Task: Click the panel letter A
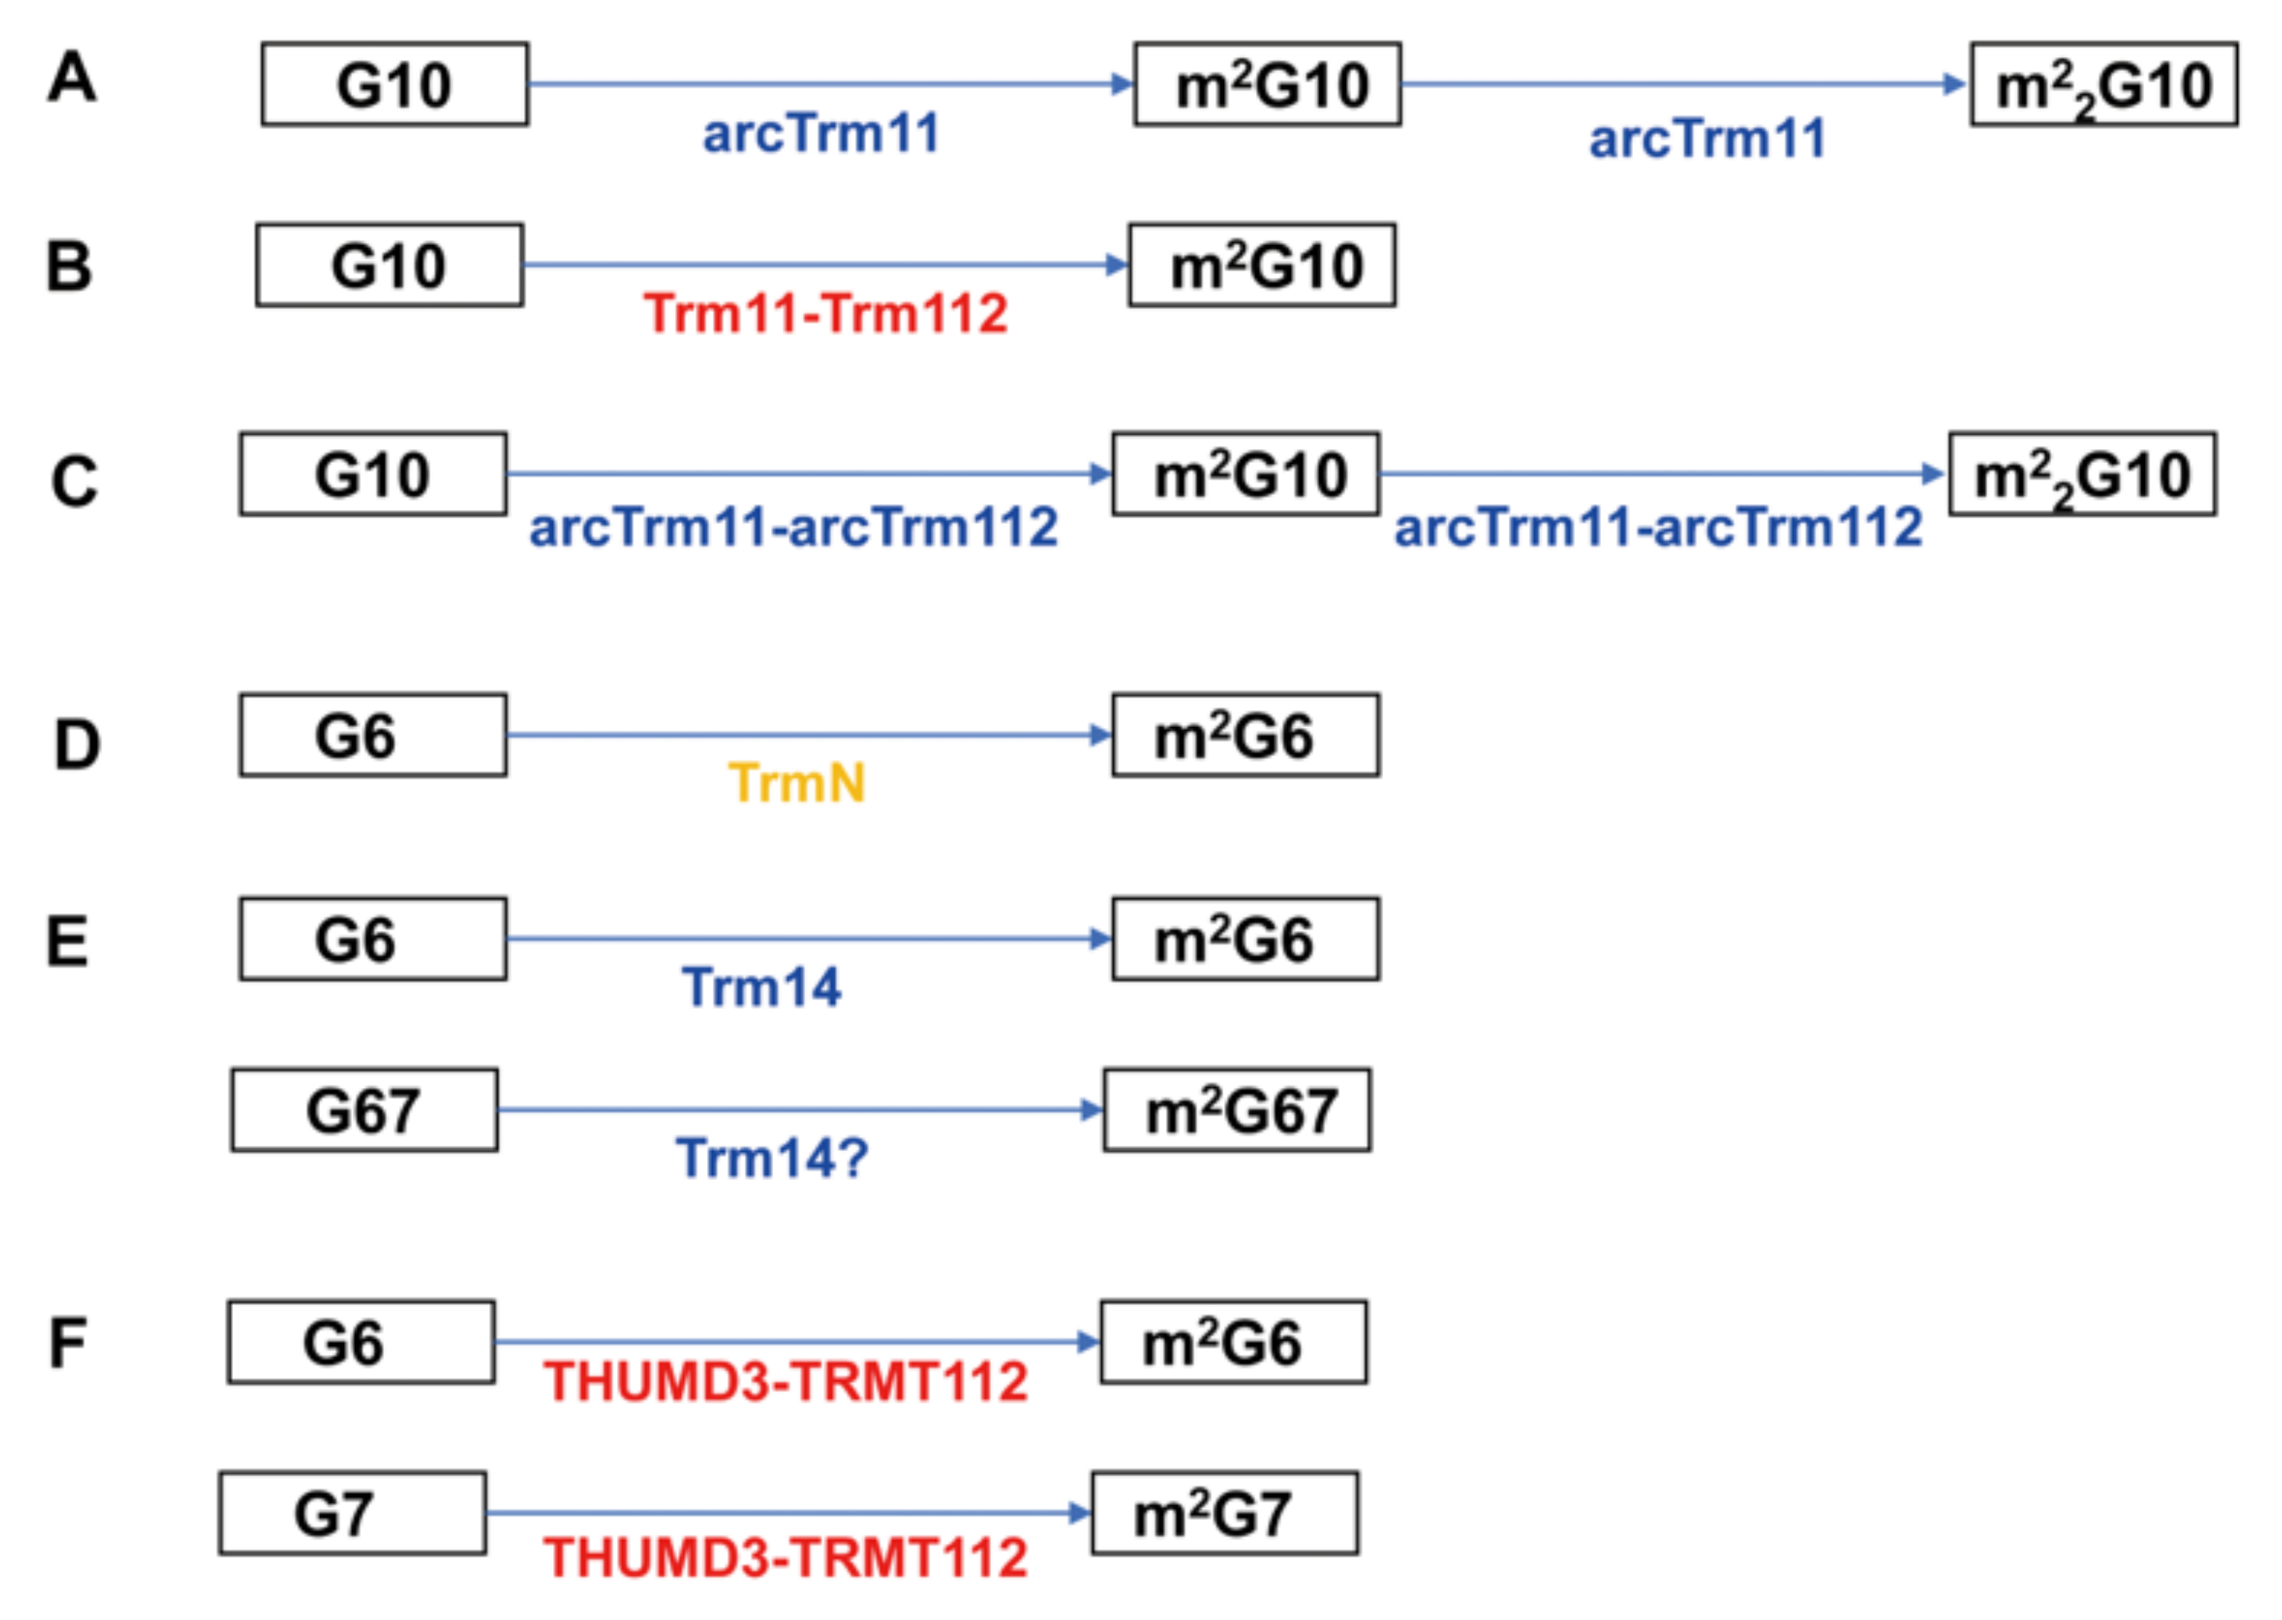point(72,78)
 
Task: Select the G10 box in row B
point(389,266)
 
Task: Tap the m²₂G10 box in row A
point(2104,85)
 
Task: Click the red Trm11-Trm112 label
point(825,313)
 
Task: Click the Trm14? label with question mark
point(772,1158)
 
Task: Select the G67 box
point(364,1110)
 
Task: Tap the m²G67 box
point(1236,1110)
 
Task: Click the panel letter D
point(77,745)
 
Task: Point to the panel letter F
point(68,1343)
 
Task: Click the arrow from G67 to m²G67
point(798,1109)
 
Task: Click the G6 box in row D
point(372,735)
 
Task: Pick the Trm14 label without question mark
point(762,987)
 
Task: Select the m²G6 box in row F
point(1233,1341)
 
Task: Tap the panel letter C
point(75,481)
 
